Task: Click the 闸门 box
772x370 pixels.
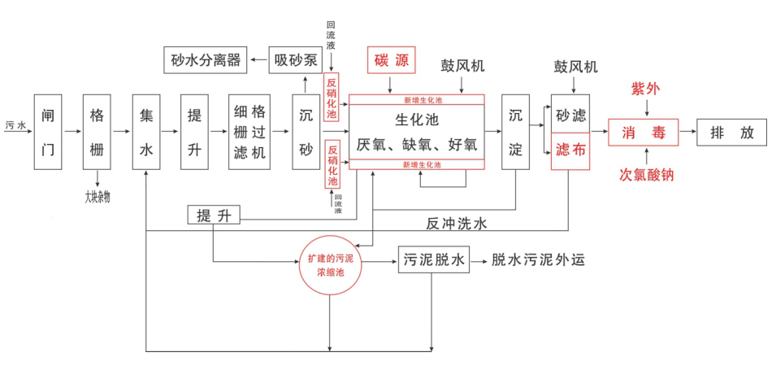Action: (48, 131)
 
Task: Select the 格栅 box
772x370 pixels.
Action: (97, 131)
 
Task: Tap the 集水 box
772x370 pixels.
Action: (146, 131)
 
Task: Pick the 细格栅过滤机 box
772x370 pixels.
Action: (249, 131)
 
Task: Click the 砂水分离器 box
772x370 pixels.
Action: (206, 59)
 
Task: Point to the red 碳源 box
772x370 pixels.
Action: (392, 59)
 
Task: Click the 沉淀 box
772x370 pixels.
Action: (516, 131)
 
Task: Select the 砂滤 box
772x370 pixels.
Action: (570, 115)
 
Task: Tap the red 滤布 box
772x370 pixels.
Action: (570, 150)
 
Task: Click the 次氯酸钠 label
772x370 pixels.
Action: (646, 174)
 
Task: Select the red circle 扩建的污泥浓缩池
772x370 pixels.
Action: (330, 264)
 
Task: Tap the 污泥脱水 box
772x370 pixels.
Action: (434, 260)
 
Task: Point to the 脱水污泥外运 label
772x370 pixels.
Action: (539, 260)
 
